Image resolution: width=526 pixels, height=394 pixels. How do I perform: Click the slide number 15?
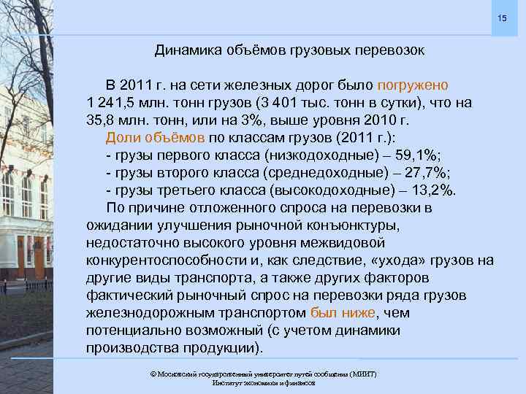pos(502,17)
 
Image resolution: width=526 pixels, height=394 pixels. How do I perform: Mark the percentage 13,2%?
pos(432,190)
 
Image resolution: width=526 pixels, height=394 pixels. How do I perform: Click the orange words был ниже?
pos(343,313)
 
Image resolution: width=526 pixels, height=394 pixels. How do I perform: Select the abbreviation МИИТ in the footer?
pos(363,374)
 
